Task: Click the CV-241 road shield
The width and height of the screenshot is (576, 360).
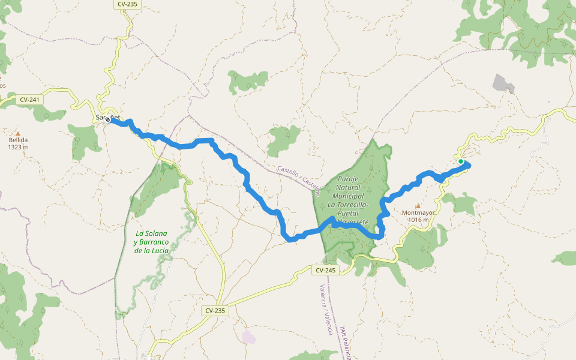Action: tap(29, 100)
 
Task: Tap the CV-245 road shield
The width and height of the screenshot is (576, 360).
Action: tap(325, 271)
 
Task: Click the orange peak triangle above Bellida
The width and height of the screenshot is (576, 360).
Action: tap(18, 133)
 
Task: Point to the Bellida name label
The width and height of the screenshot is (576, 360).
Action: tap(18, 140)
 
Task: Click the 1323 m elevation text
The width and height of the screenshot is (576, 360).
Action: tap(18, 147)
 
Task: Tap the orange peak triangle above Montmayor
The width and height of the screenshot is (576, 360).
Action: tap(418, 206)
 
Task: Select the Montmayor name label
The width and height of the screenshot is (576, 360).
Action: tap(418, 213)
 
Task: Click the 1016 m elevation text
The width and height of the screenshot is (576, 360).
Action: tap(418, 220)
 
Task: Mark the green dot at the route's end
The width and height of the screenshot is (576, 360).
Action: tap(460, 161)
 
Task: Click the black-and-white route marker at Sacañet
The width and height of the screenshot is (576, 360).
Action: tap(107, 120)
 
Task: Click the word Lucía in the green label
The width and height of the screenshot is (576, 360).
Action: tap(160, 250)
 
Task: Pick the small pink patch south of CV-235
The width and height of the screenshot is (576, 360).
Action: tap(249, 337)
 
